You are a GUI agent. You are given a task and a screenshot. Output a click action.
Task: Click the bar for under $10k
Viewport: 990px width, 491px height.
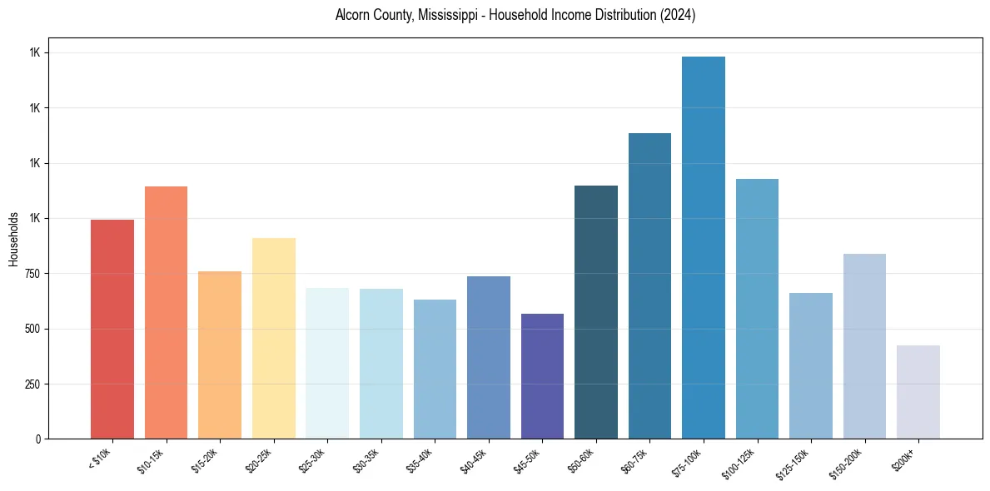(x=112, y=329)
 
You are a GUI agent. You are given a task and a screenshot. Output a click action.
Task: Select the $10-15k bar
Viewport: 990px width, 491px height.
(x=166, y=312)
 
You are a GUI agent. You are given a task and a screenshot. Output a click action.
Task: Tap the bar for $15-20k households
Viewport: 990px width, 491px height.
(x=220, y=355)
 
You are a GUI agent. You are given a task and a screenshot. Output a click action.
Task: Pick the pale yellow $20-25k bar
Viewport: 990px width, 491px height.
(x=274, y=338)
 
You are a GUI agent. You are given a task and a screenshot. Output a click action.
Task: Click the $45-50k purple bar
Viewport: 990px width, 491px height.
(x=542, y=376)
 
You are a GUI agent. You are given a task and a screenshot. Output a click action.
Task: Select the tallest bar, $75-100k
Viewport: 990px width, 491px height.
(x=704, y=247)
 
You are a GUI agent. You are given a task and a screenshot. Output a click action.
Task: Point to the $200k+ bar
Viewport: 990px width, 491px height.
(x=918, y=392)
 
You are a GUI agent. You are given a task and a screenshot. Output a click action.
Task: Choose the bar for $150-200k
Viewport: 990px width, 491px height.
(x=864, y=346)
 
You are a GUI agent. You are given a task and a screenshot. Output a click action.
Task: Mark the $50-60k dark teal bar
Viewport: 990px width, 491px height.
(x=596, y=312)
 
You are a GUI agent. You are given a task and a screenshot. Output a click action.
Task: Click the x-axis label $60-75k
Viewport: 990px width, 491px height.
(x=635, y=460)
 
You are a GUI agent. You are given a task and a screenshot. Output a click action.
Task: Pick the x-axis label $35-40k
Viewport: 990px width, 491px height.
(x=420, y=460)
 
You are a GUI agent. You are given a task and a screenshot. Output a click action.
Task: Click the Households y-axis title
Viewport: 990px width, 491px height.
(x=13, y=239)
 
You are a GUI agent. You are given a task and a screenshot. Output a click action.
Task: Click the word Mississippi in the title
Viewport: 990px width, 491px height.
(x=433, y=15)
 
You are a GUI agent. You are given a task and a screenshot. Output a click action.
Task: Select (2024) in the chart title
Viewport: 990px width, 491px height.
(x=675, y=15)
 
